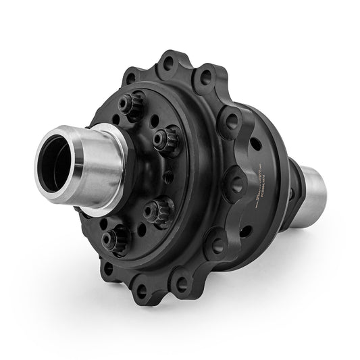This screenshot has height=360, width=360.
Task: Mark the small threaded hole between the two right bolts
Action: click(x=168, y=177)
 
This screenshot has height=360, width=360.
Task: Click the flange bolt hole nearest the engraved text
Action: click(x=234, y=181)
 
